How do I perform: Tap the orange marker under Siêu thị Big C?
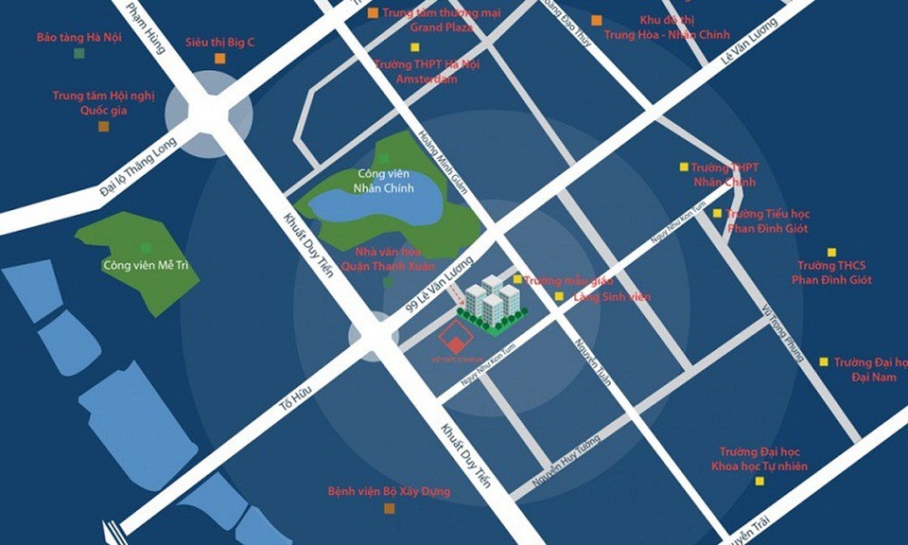pyautogui.click(x=219, y=59)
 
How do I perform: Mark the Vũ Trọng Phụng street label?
pyautogui.click(x=781, y=333)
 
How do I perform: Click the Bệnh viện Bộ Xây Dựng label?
pyautogui.click(x=389, y=492)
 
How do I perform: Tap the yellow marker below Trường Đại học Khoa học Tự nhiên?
pyautogui.click(x=759, y=482)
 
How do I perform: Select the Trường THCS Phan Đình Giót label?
pyautogui.click(x=831, y=272)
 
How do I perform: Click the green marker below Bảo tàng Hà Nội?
pyautogui.click(x=79, y=54)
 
